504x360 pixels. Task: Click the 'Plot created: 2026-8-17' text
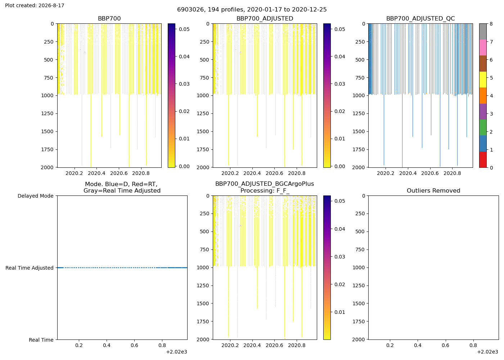tap(35, 5)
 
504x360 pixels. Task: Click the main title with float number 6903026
tap(252, 10)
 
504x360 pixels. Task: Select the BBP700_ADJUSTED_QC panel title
tap(420, 19)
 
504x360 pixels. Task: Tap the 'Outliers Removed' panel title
tap(433, 191)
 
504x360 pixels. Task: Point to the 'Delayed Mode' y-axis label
tap(36, 196)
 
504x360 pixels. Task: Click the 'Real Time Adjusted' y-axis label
tap(30, 268)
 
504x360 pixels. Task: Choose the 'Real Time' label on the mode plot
tap(41, 340)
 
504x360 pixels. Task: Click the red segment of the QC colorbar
tap(483, 159)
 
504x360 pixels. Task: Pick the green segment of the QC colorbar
tap(483, 127)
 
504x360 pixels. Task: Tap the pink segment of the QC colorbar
tap(483, 48)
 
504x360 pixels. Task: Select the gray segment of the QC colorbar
tap(483, 32)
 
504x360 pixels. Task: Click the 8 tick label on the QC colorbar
tap(491, 24)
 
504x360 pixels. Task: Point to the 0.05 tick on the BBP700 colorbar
tap(184, 29)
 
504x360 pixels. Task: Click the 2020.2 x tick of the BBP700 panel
tap(74, 174)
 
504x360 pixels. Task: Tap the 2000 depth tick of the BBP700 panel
tap(47, 168)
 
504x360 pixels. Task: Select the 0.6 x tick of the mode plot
tap(134, 345)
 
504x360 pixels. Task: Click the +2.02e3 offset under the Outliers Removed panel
tap(487, 352)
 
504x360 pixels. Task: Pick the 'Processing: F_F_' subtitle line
tap(265, 191)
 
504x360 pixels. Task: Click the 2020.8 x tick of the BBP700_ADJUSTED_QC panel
tap(452, 174)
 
